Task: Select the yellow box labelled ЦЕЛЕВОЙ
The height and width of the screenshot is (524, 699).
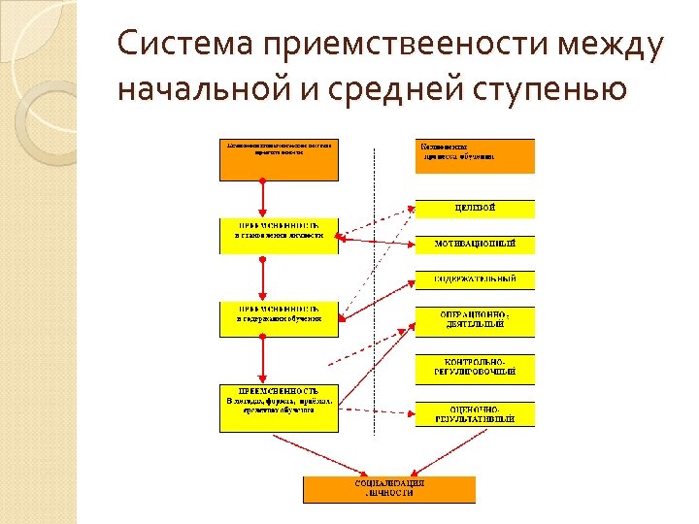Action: [x=475, y=209]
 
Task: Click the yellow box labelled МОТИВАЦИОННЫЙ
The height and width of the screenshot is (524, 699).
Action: [x=475, y=244]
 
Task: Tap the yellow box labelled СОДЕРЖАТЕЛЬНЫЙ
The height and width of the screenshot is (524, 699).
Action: [x=475, y=279]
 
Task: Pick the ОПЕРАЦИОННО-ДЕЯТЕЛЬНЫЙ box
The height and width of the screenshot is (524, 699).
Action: [x=475, y=320]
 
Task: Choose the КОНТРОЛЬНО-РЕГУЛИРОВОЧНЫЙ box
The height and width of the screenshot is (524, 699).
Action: [x=475, y=366]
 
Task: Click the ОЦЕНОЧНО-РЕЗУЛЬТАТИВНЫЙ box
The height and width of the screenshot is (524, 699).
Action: [x=475, y=413]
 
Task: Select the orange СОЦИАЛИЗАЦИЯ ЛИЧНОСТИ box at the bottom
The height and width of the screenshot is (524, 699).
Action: [x=389, y=488]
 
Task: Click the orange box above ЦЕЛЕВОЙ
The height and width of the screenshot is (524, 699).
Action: [x=475, y=156]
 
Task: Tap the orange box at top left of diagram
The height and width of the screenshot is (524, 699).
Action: [x=279, y=159]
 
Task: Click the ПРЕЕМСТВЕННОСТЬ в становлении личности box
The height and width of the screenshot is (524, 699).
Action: [x=279, y=236]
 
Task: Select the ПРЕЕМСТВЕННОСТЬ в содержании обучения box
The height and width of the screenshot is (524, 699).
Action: [x=279, y=318]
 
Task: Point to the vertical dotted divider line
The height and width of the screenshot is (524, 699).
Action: [x=376, y=291]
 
